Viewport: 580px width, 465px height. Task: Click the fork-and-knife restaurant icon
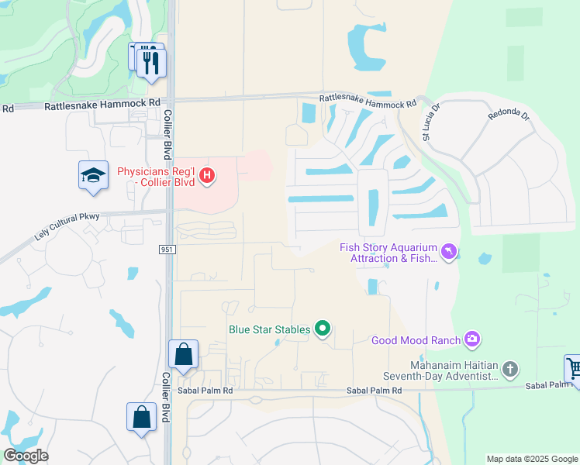pos(152,62)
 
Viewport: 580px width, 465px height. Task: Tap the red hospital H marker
pos(206,176)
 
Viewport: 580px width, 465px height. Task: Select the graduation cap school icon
pos(93,174)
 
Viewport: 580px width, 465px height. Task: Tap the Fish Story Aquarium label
pos(388,253)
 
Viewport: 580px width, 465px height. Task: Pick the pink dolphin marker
pos(449,252)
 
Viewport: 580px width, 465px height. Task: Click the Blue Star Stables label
pos(269,329)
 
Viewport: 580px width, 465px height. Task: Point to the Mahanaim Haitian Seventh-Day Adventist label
pos(454,370)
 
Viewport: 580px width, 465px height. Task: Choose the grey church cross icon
pos(510,370)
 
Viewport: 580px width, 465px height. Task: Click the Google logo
pos(25,456)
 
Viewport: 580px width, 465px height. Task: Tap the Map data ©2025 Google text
pos(531,459)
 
